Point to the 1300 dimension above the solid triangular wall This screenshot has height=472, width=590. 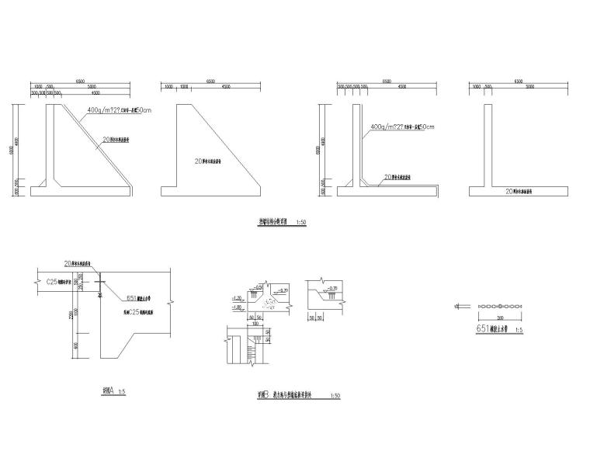(185, 88)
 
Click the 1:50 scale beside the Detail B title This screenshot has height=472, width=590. (335, 396)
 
